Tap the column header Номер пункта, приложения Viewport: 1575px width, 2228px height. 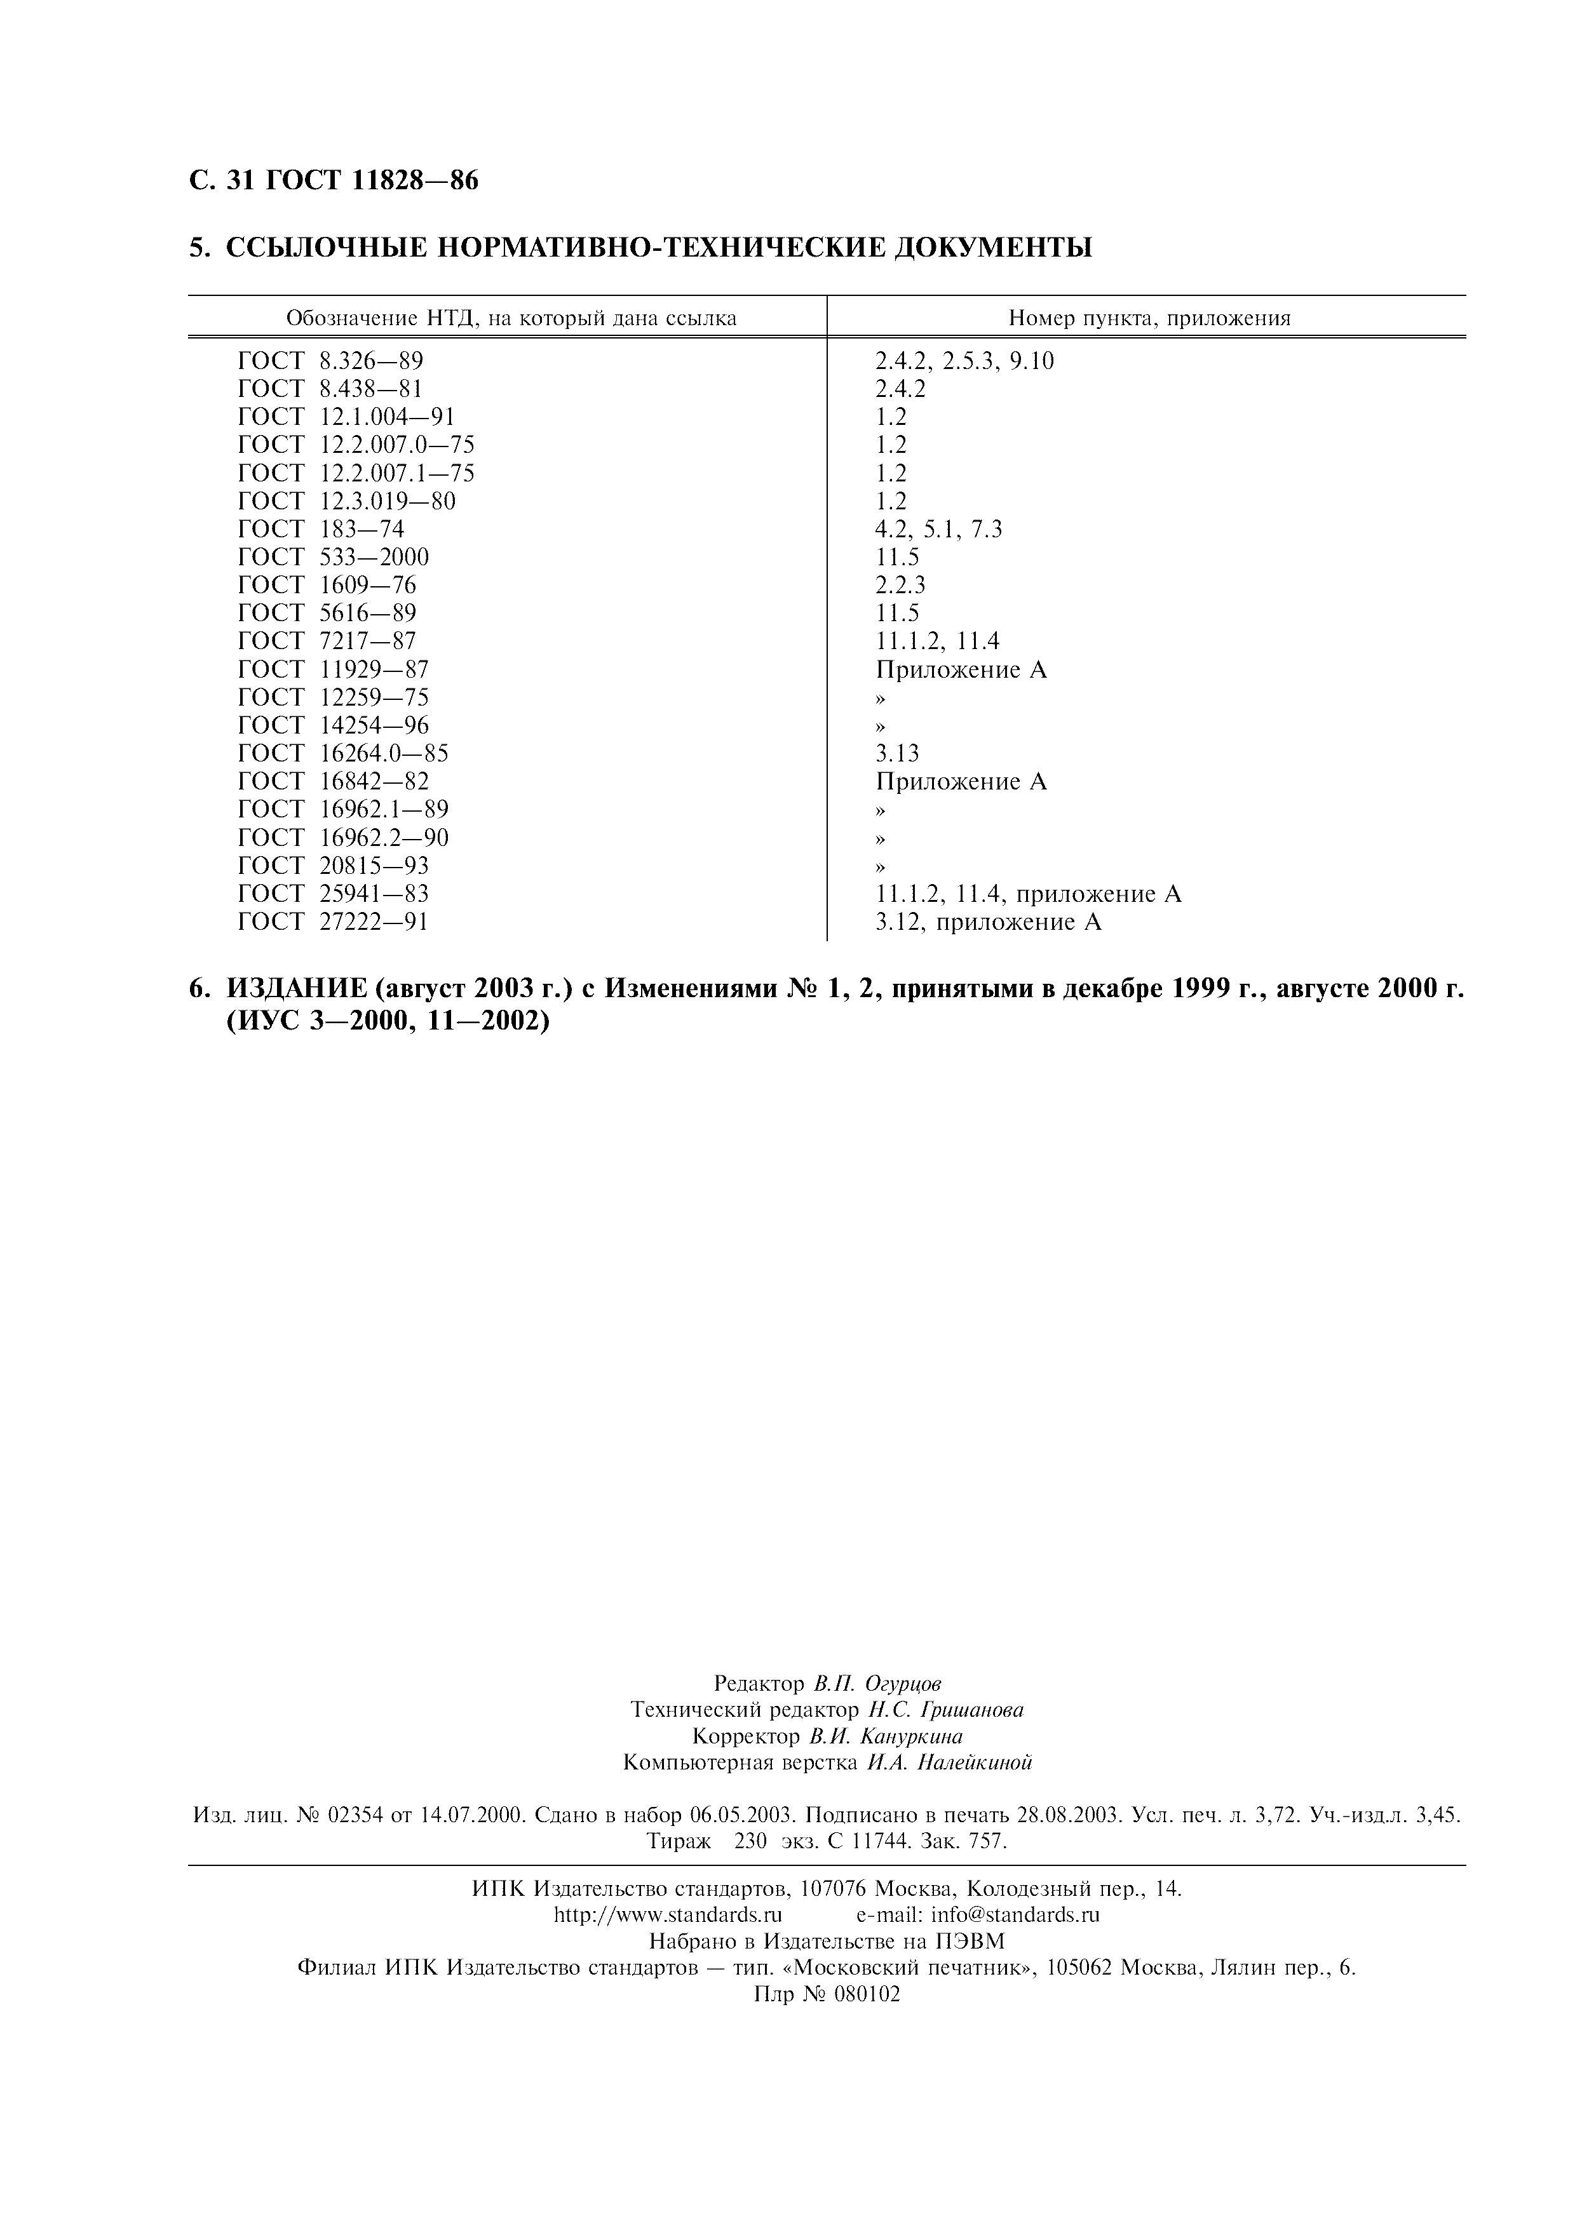[1149, 318]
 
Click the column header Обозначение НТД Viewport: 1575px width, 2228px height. [510, 318]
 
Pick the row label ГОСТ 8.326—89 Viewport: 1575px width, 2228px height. [330, 361]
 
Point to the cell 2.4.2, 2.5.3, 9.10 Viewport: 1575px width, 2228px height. [964, 361]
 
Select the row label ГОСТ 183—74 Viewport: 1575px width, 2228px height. [320, 529]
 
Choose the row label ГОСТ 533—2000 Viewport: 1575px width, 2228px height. [333, 557]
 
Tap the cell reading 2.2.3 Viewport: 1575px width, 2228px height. [900, 585]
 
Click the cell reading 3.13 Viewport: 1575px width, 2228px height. [896, 754]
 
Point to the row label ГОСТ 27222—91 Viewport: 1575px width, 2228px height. [333, 922]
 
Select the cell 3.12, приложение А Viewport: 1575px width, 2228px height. [988, 922]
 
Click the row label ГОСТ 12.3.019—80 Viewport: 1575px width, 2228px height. [346, 500]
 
